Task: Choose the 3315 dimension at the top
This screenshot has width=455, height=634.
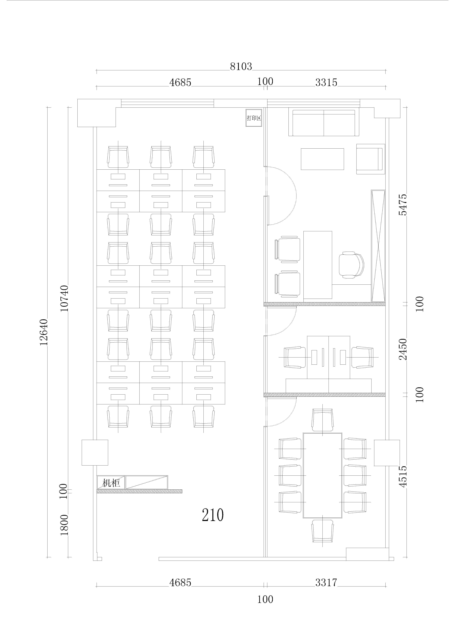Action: [x=326, y=82]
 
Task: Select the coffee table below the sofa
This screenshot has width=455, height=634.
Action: [x=322, y=159]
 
